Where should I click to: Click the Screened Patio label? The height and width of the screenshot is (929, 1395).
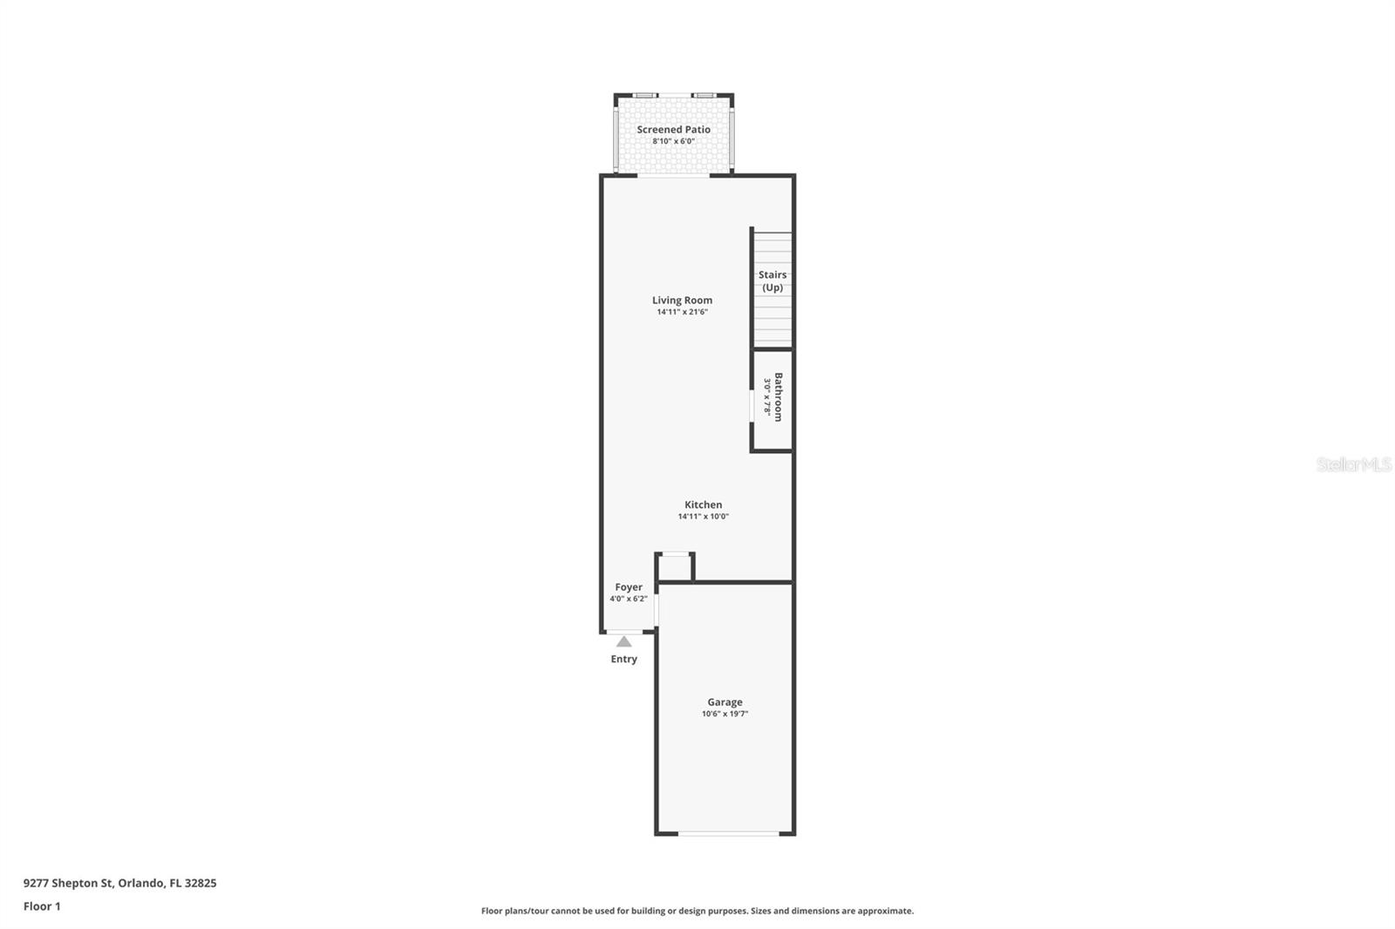click(673, 129)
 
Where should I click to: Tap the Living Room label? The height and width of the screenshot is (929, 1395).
click(682, 300)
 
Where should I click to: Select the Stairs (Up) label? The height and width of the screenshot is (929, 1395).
click(772, 281)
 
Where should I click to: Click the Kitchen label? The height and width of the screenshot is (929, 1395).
click(703, 505)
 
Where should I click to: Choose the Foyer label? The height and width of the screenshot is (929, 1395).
click(629, 587)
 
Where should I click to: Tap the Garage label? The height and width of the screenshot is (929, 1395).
click(725, 702)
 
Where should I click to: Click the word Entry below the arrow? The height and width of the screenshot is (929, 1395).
click(623, 659)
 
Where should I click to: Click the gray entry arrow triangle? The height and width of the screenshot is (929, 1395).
click(624, 641)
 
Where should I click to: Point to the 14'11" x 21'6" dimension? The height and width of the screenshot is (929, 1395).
click(682, 312)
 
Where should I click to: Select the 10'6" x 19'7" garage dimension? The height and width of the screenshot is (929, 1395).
click(725, 714)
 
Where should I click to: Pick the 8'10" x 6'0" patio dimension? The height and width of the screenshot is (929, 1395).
click(673, 141)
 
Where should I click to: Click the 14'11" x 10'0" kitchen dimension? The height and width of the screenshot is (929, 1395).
click(703, 517)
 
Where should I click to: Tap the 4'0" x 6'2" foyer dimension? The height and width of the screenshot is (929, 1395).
click(629, 599)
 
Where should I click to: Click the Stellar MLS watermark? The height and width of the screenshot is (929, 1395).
click(1354, 464)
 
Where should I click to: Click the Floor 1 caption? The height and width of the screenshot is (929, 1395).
click(42, 906)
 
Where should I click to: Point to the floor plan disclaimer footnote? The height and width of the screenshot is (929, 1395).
click(697, 911)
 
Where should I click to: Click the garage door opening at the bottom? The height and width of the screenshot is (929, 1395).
click(729, 834)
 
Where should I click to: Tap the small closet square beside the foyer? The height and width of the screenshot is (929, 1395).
click(675, 567)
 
